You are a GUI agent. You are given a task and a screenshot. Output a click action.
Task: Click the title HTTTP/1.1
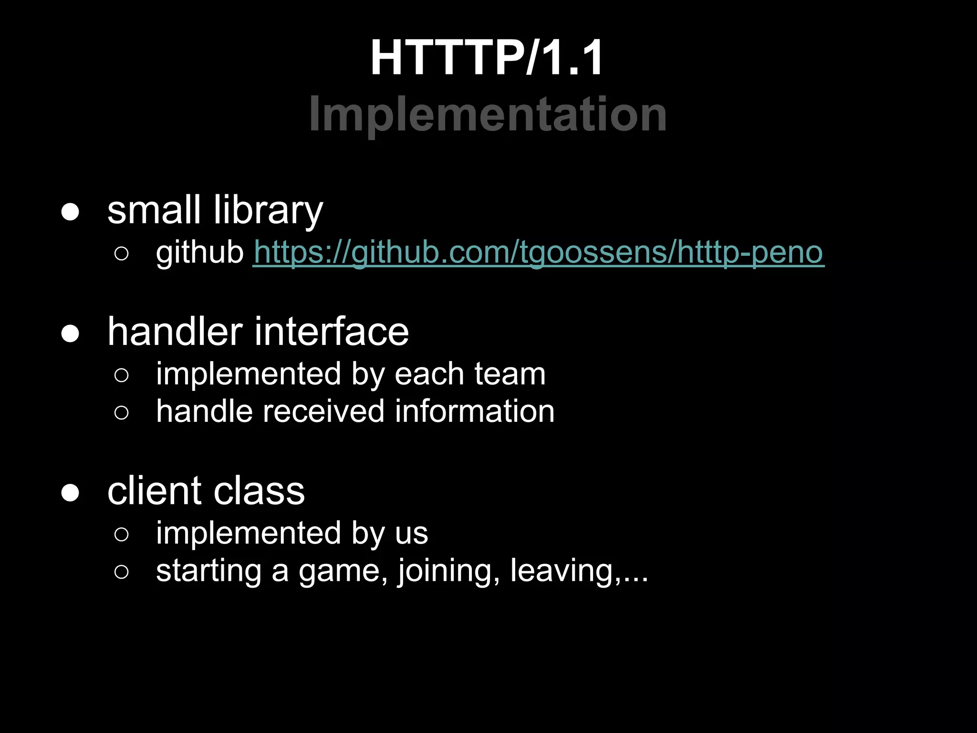point(487,58)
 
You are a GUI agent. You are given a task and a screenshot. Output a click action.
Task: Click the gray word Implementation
point(488,115)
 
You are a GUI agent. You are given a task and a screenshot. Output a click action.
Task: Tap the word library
point(268,210)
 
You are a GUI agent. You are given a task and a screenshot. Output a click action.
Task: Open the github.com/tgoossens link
point(538,252)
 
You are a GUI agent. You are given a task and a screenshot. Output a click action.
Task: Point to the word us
point(411,534)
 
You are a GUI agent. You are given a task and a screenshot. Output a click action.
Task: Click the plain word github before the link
point(200,253)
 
